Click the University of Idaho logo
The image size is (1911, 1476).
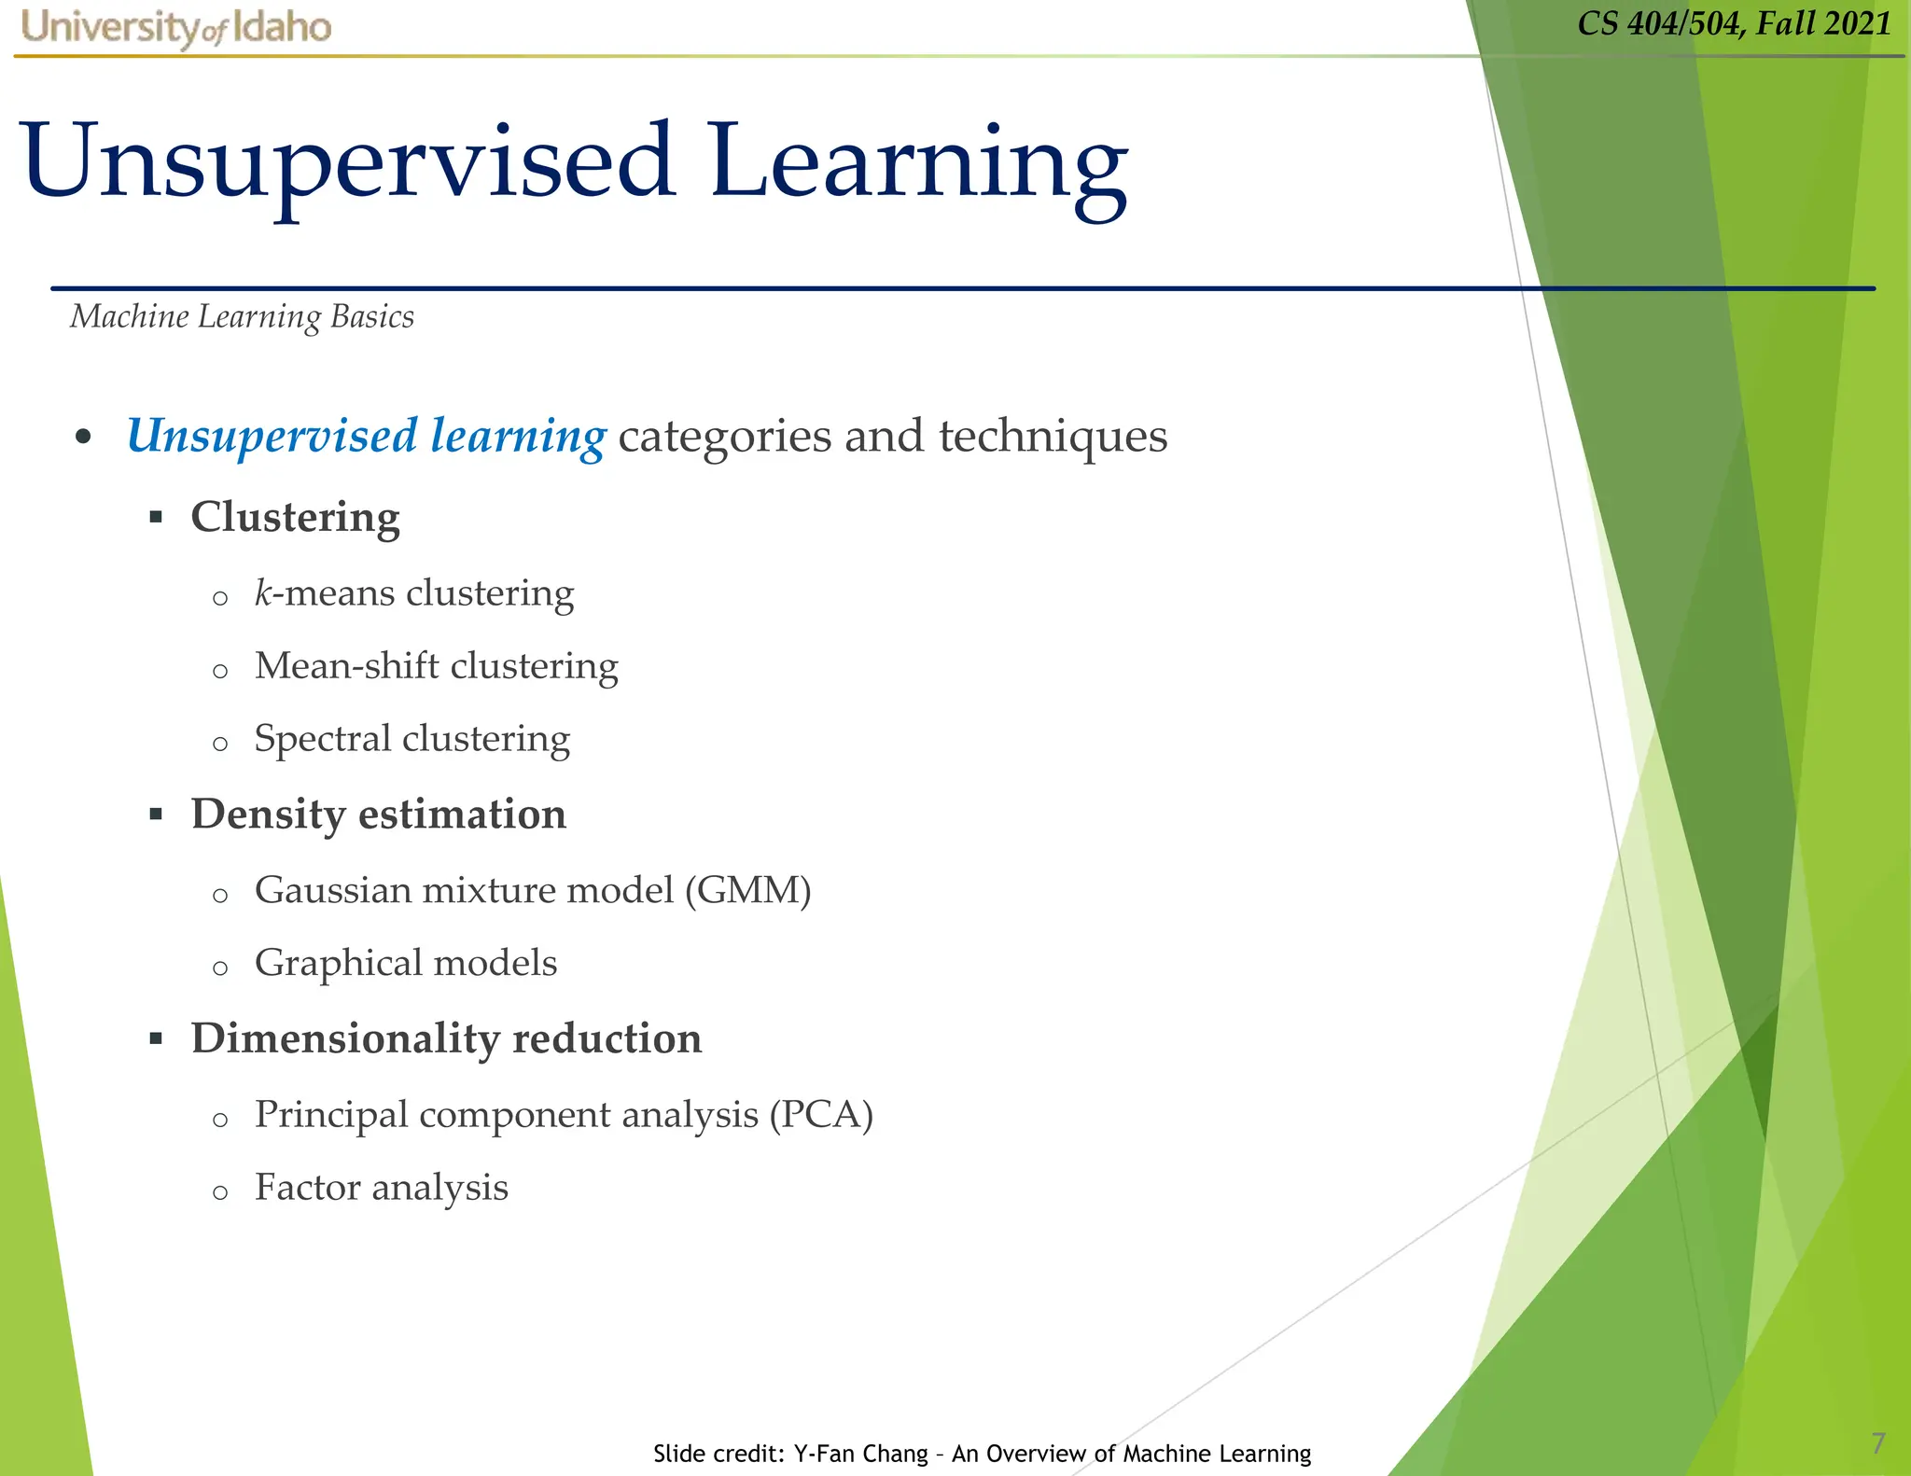pos(175,27)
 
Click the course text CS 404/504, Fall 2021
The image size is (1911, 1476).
pos(1734,23)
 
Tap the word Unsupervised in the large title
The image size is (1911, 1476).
pos(347,162)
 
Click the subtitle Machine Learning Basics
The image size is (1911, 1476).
pos(242,317)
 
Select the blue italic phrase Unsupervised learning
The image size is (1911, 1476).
pos(366,437)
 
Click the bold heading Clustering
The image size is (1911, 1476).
pos(295,518)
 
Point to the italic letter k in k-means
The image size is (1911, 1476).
pos(262,592)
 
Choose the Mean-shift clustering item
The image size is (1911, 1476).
pos(436,666)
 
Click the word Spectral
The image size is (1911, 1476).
pos(322,739)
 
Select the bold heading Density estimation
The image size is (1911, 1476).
pos(378,815)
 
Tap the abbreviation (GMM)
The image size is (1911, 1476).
pos(747,890)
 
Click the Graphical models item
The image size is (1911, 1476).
pos(405,963)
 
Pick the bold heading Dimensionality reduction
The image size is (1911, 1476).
pos(446,1038)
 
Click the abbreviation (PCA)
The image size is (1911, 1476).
pos(820,1115)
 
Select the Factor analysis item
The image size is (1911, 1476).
pos(381,1188)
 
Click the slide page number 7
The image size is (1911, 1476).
pos(1878,1443)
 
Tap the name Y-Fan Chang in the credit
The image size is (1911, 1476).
pos(860,1454)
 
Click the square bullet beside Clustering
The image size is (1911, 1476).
pos(156,517)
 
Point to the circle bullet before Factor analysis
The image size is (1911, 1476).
pos(220,1192)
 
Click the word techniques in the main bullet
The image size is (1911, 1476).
pos(1053,437)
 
